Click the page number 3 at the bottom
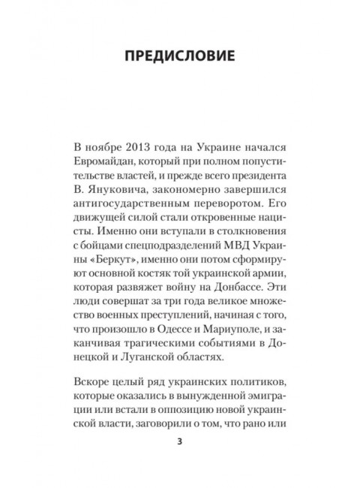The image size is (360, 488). [179, 461]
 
